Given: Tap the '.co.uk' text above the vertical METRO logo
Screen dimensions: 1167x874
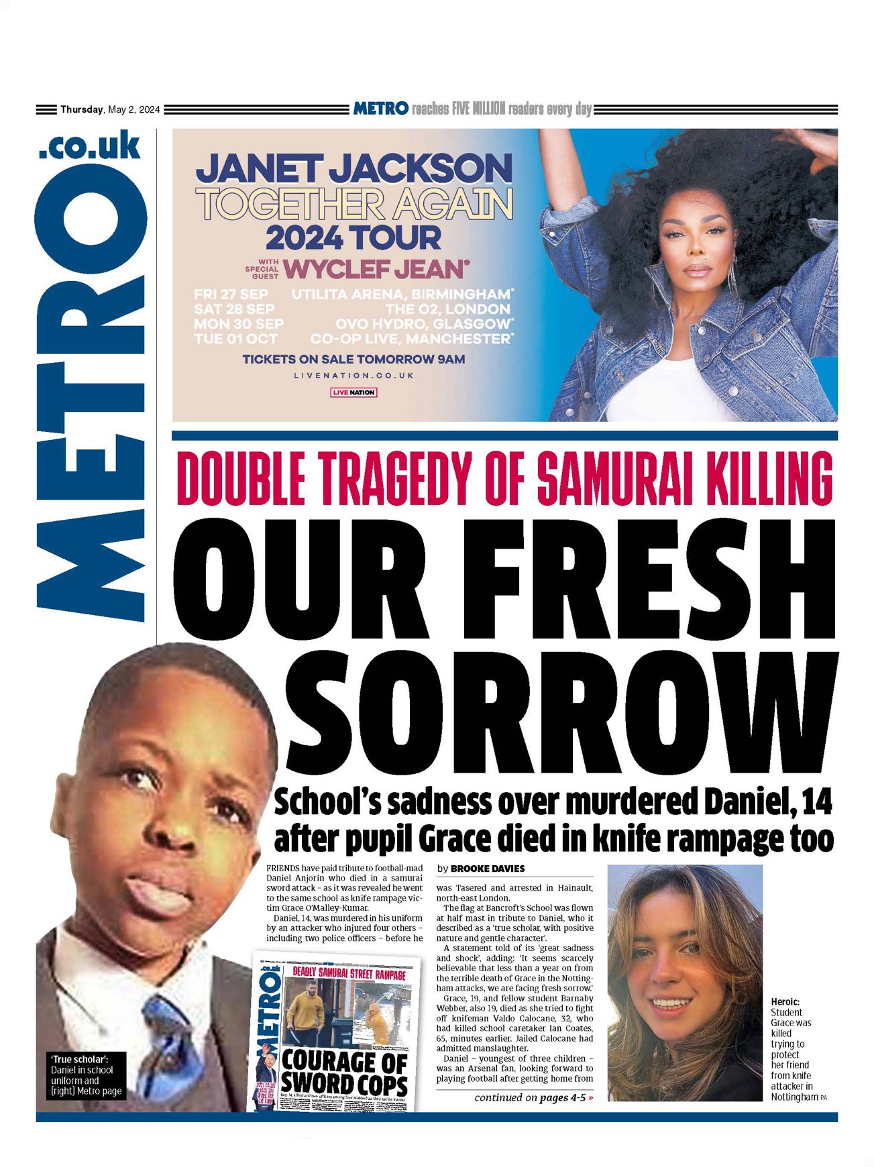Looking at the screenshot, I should pos(90,146).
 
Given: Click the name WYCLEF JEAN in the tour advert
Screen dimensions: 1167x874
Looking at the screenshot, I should pos(374,270).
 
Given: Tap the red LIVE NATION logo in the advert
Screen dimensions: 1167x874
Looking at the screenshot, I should pos(353,392).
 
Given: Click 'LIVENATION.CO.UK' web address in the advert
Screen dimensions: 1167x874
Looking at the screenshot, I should pos(353,376).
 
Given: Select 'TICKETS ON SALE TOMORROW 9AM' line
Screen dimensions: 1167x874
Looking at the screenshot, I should pos(353,359).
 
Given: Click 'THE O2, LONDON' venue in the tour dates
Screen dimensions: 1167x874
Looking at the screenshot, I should pos(447,309).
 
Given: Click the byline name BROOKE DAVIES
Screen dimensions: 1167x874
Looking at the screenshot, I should pos(488,869).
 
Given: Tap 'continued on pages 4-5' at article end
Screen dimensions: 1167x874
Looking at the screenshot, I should pos(533,1098).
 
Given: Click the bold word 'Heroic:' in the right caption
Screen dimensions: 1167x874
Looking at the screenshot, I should pos(785,1001).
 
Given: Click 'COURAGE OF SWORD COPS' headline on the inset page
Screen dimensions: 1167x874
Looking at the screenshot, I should pos(344,1071).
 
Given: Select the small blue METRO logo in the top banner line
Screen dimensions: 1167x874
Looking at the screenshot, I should pos(380,108).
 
